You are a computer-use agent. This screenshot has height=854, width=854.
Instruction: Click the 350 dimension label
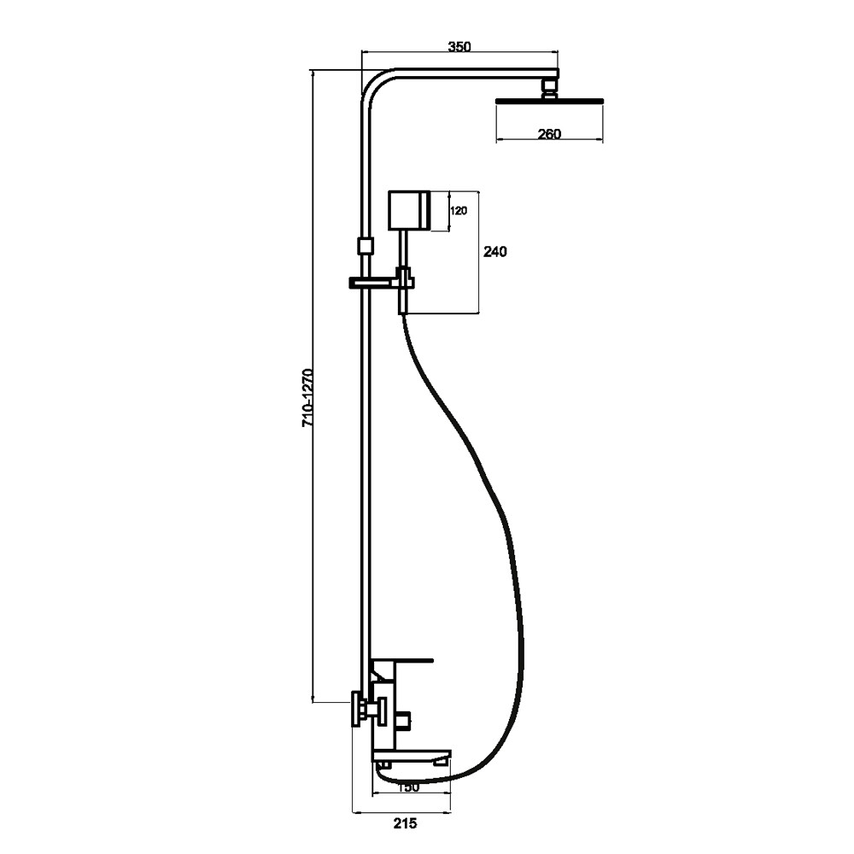coord(459,47)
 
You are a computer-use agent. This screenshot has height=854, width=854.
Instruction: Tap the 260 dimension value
coord(549,133)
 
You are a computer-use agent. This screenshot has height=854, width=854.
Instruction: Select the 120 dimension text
coord(459,210)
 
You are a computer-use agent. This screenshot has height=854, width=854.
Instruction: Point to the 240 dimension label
coord(495,252)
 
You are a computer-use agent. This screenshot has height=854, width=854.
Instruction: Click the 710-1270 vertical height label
coord(308,397)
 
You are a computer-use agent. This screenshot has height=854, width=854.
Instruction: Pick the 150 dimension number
coord(408,787)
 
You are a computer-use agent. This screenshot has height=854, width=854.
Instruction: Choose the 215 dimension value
coord(405,823)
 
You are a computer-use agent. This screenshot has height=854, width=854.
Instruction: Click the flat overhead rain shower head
coord(549,100)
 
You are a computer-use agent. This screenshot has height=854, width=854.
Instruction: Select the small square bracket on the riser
coord(365,246)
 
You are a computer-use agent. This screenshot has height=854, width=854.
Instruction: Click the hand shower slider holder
coord(381,282)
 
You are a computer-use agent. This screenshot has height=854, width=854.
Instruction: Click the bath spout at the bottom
coord(412,756)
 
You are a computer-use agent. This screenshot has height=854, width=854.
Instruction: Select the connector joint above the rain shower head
coord(550,88)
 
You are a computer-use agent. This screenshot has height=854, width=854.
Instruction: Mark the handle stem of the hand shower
coord(403,249)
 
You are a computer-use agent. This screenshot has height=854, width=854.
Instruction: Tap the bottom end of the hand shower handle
coord(403,313)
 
